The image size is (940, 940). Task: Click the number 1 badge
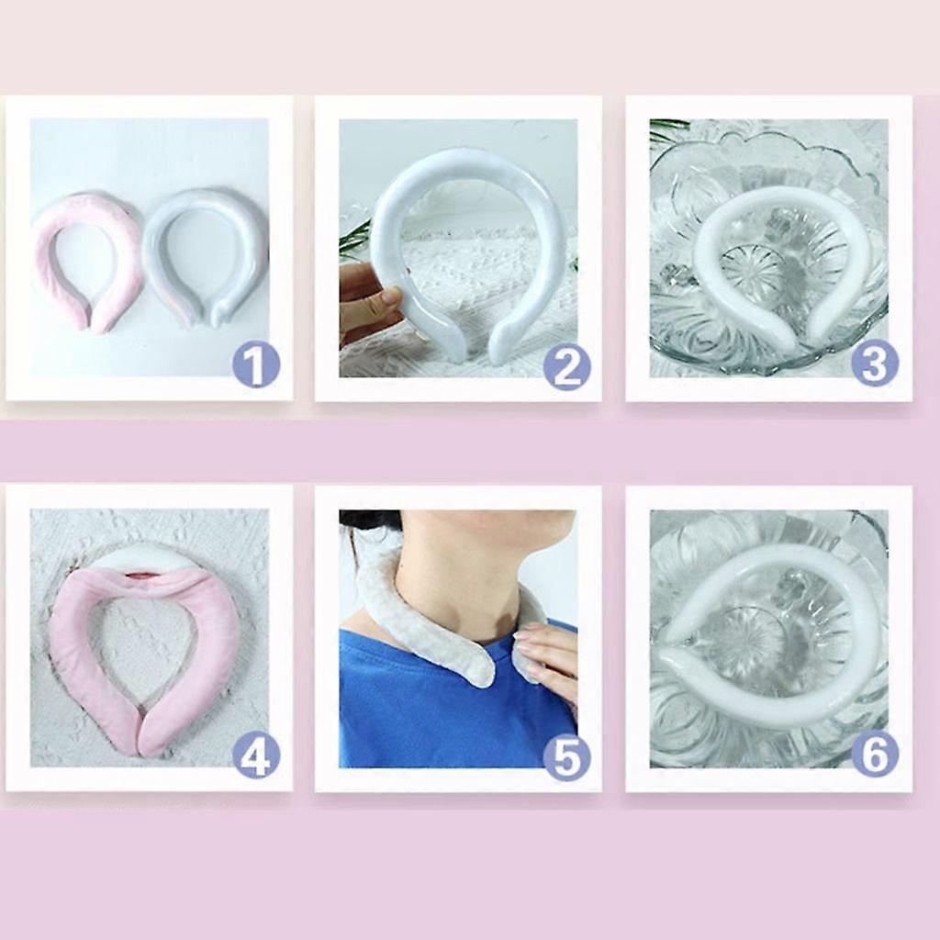point(256,365)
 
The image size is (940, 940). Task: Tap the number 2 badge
point(566,366)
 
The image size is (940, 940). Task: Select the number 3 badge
point(875,363)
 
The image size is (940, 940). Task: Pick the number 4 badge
point(256,756)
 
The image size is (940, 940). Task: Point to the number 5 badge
point(566,757)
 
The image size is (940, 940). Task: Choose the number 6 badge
point(875,754)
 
